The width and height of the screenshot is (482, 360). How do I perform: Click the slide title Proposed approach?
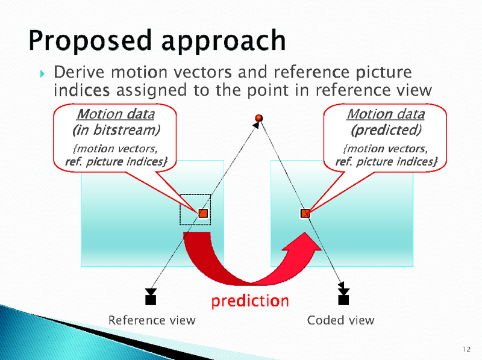point(157,41)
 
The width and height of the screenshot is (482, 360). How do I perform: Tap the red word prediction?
point(249,300)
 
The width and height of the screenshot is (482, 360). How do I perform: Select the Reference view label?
point(152,320)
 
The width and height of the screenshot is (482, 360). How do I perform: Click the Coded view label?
point(340,320)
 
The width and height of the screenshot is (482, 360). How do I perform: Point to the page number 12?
point(466,350)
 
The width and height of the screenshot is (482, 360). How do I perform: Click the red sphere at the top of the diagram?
point(258,117)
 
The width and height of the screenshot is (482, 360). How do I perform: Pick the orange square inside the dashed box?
point(203,213)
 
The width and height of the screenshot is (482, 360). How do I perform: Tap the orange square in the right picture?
point(305,213)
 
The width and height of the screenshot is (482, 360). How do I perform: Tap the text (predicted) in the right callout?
point(386,129)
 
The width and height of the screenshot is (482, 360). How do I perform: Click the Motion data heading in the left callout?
point(116,114)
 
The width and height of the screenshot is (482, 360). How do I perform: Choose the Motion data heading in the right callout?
point(386,114)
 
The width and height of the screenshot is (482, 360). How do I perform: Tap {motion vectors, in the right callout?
point(386,148)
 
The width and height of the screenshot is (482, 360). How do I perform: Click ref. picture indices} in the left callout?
point(116,161)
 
